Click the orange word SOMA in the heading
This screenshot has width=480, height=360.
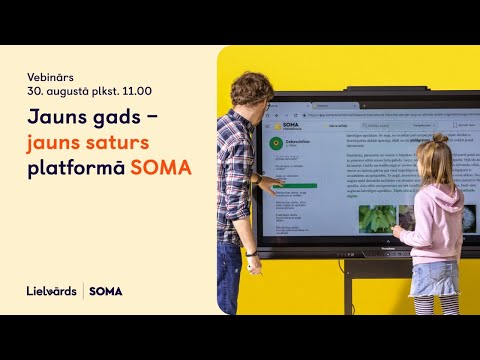[x=161, y=166]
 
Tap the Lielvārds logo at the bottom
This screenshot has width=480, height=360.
[x=51, y=291]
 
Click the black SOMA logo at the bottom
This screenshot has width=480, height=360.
[x=105, y=291]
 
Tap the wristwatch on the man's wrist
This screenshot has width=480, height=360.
[x=252, y=256]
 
